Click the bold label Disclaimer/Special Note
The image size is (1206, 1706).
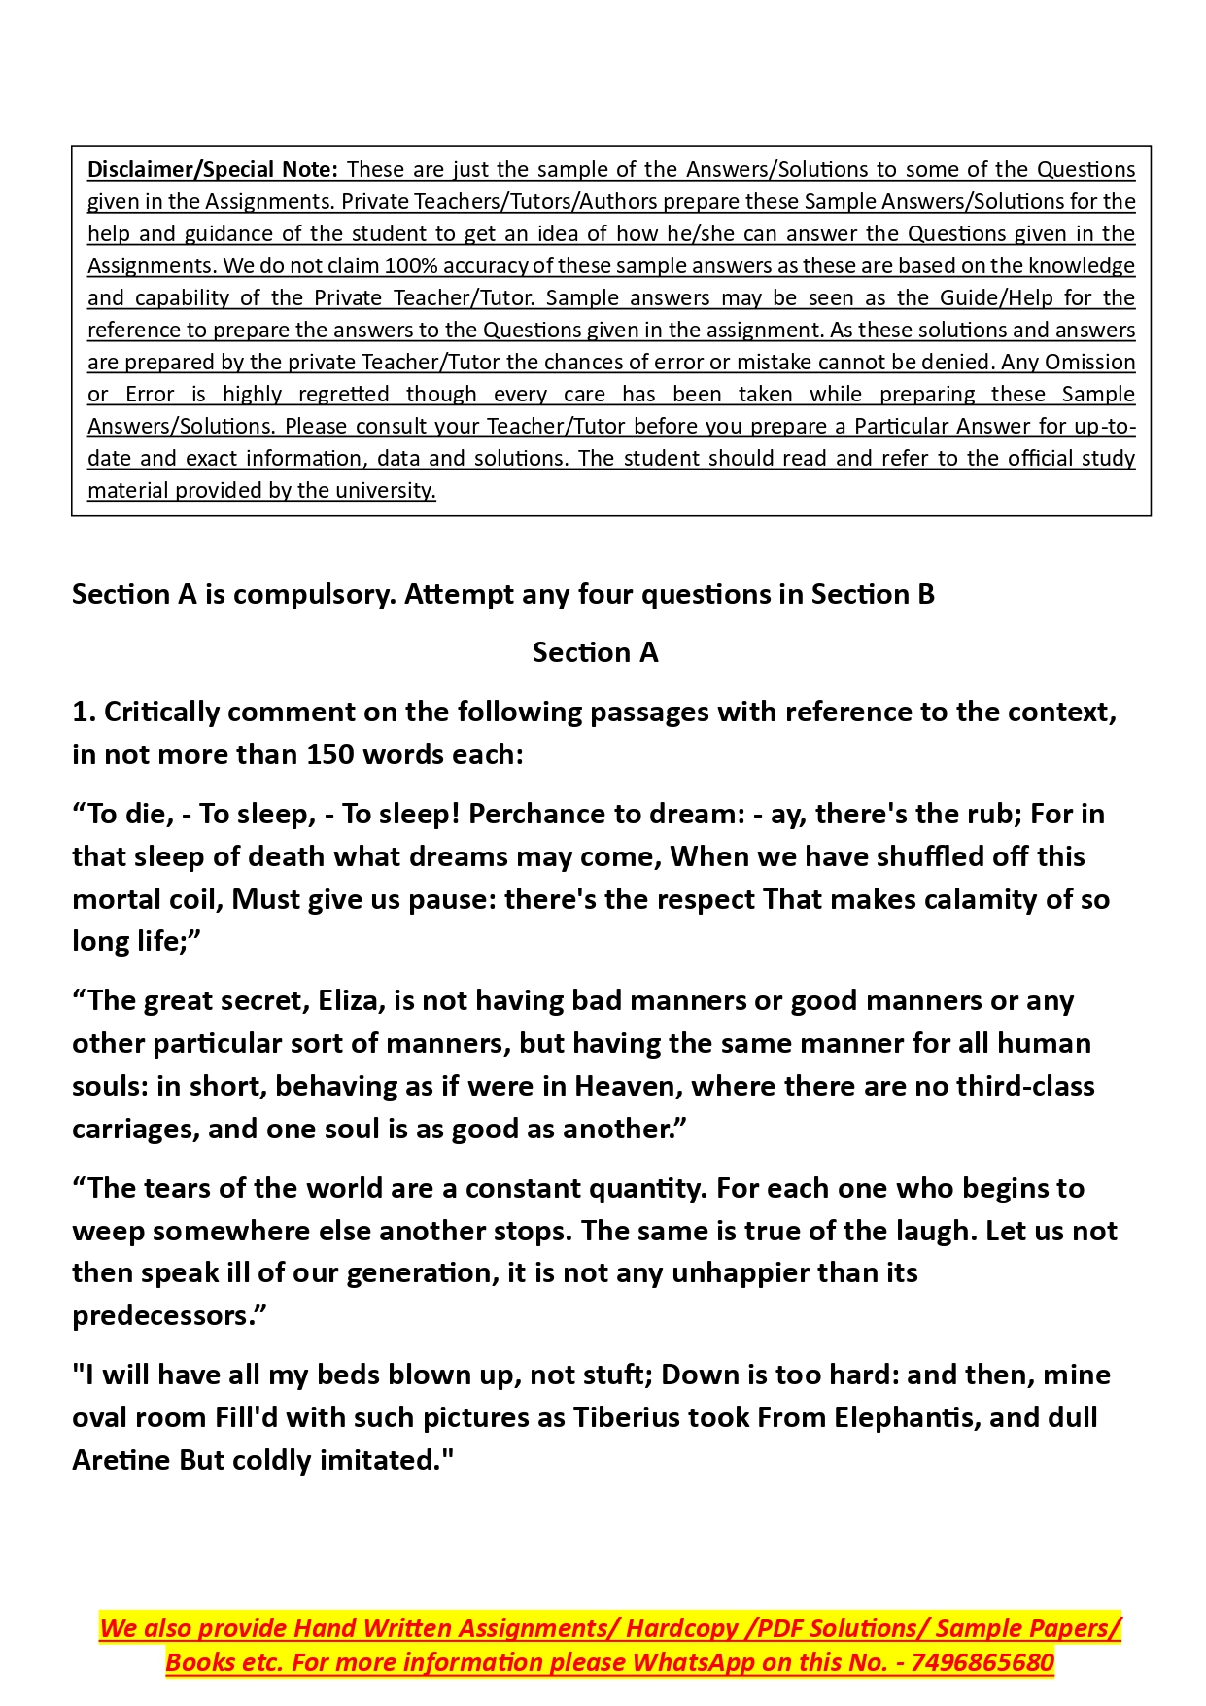click(x=212, y=169)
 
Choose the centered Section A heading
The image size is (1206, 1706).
click(x=595, y=652)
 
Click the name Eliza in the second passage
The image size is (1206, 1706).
click(x=351, y=1000)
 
